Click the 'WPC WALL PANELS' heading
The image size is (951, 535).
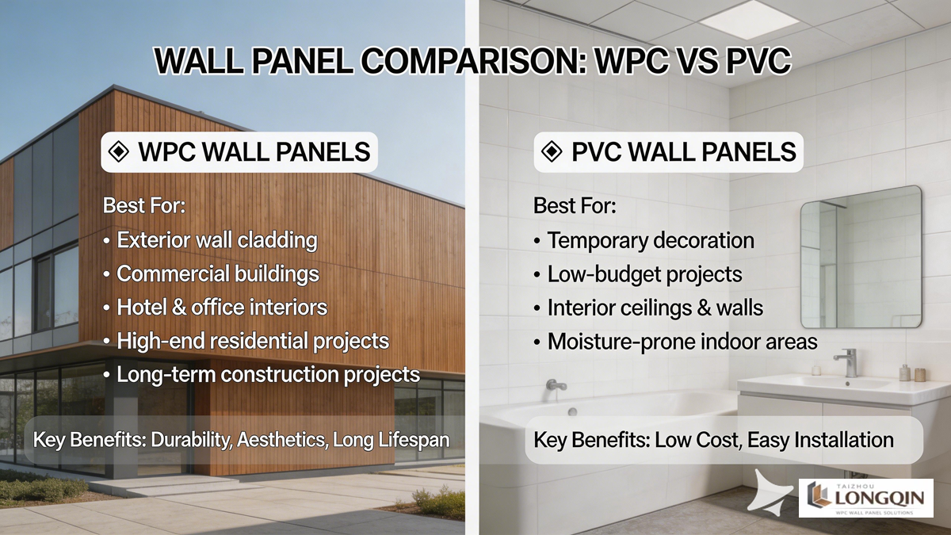point(254,152)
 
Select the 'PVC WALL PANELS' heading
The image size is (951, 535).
point(683,152)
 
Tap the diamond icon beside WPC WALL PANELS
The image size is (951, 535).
point(119,152)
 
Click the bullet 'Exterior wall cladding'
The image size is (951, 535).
point(216,240)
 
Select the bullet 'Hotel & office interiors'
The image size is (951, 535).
point(221,308)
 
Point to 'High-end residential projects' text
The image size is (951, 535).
point(253,341)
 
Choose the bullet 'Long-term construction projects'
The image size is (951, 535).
point(268,374)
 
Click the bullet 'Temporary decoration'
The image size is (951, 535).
point(651,240)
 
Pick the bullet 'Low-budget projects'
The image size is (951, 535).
point(644,274)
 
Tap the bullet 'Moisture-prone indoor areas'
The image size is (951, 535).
point(682,342)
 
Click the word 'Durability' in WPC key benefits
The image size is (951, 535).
point(191,439)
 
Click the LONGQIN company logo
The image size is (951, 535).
point(867,498)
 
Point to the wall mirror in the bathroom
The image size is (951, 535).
point(861,258)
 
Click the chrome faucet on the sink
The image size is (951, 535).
point(847,361)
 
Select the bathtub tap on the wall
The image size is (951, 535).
point(556,386)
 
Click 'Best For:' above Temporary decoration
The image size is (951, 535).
point(575,207)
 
